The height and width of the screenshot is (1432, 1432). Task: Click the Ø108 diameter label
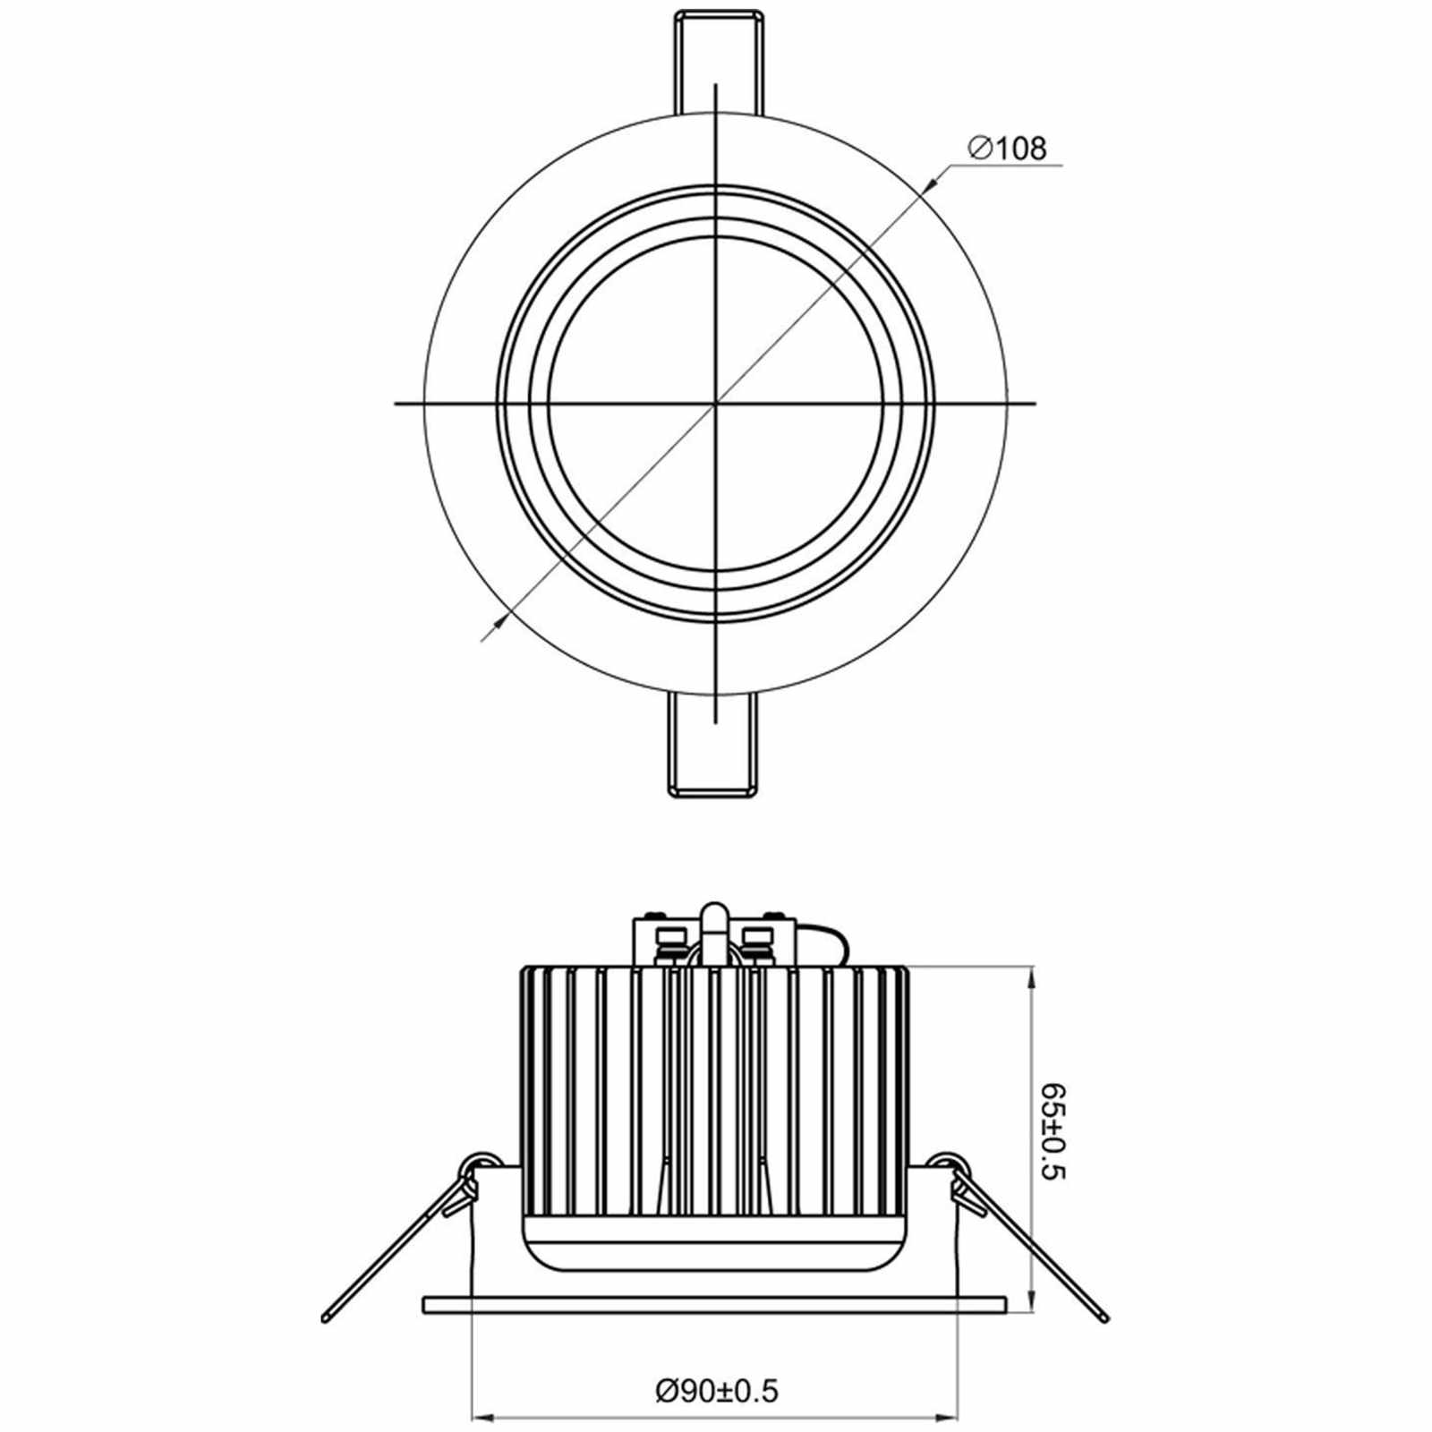tap(1007, 148)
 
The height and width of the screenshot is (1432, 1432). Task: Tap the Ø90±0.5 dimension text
tap(717, 1366)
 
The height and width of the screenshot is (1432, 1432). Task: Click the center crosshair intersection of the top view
tap(716, 404)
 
